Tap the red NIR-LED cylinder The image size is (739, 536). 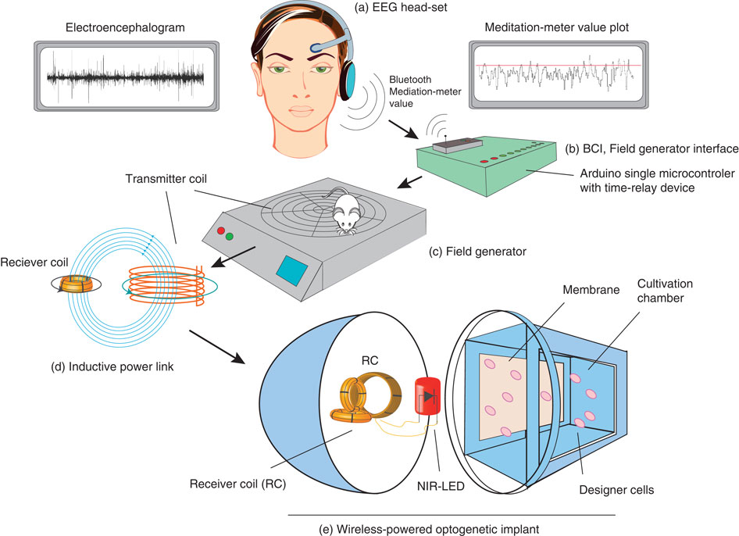(x=427, y=396)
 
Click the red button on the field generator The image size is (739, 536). (x=220, y=230)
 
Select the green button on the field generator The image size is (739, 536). (x=230, y=236)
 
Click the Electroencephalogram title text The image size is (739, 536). (x=125, y=27)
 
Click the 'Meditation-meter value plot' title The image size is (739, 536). (x=557, y=27)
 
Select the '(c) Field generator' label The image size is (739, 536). (x=477, y=252)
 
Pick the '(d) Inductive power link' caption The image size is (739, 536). (x=112, y=366)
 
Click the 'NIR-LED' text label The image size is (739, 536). (x=441, y=485)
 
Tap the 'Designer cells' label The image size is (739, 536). (x=616, y=490)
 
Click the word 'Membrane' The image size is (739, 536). (x=591, y=289)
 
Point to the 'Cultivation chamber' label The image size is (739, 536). (x=665, y=291)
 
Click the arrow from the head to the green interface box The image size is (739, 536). (x=403, y=129)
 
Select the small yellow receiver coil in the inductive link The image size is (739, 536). (x=76, y=284)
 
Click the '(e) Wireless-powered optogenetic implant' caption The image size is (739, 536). (x=429, y=529)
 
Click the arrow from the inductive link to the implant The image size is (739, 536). (x=217, y=347)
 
